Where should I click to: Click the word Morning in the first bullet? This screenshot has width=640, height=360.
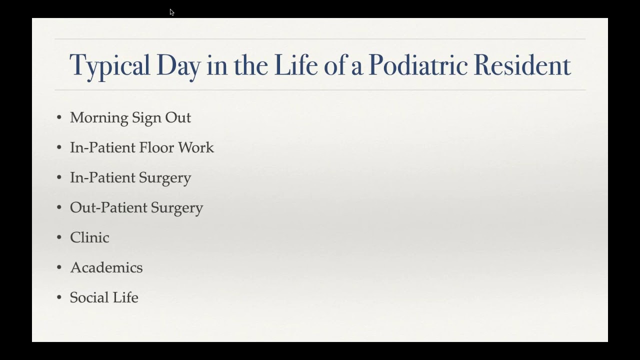tap(99, 117)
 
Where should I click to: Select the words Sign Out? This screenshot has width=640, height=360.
tap(161, 117)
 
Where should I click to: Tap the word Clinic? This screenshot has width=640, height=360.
tap(89, 237)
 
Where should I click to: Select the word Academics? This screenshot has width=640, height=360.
tap(106, 267)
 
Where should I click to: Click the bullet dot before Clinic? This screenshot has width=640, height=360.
tap(59, 238)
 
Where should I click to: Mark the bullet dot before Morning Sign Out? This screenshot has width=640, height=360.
tap(59, 118)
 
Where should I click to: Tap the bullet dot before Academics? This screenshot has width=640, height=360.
tap(59, 268)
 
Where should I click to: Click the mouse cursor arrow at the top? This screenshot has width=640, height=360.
tap(171, 12)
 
